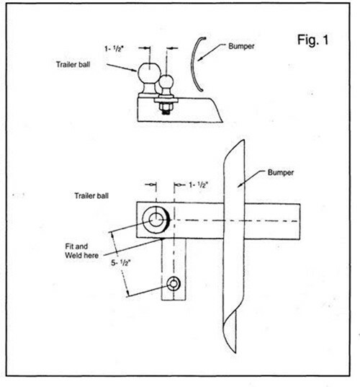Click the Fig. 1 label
(x=313, y=40)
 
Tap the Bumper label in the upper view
(x=241, y=46)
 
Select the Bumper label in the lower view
(x=281, y=172)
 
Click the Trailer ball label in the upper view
(x=73, y=64)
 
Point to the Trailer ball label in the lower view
(x=91, y=196)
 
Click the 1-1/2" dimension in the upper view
(x=114, y=49)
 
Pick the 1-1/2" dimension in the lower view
(x=199, y=184)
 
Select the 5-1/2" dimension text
(x=120, y=263)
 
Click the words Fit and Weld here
(x=81, y=251)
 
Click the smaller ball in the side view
(x=166, y=83)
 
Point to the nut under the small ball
(x=166, y=107)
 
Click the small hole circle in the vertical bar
(x=174, y=284)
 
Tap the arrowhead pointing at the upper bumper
(x=200, y=58)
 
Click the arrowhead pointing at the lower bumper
(x=240, y=185)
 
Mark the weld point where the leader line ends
(x=162, y=239)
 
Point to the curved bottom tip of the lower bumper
(x=234, y=352)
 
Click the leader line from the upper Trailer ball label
(x=122, y=68)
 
